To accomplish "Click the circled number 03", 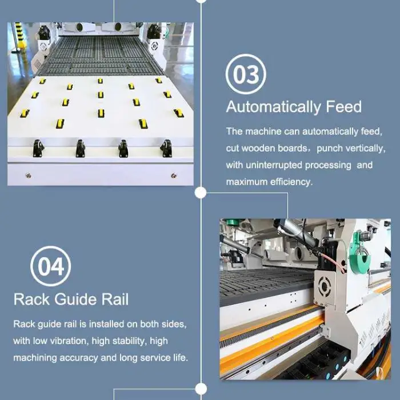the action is pyautogui.click(x=246, y=74).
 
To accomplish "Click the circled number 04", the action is pyautogui.click(x=50, y=266).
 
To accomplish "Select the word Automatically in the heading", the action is pyautogui.click(x=274, y=107).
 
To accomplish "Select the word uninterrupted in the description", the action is pyautogui.click(x=274, y=165).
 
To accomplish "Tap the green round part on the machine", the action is pyautogui.click(x=359, y=255).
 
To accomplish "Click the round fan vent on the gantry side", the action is pyautogui.click(x=325, y=286).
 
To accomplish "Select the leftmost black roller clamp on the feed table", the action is pyautogui.click(x=38, y=148).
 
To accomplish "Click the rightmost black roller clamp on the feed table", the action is pyautogui.click(x=166, y=148).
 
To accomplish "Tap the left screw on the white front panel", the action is pyautogui.click(x=29, y=175).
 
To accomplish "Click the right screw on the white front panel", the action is pyautogui.click(x=174, y=175).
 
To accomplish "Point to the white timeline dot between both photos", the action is pyautogui.click(x=201, y=193).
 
